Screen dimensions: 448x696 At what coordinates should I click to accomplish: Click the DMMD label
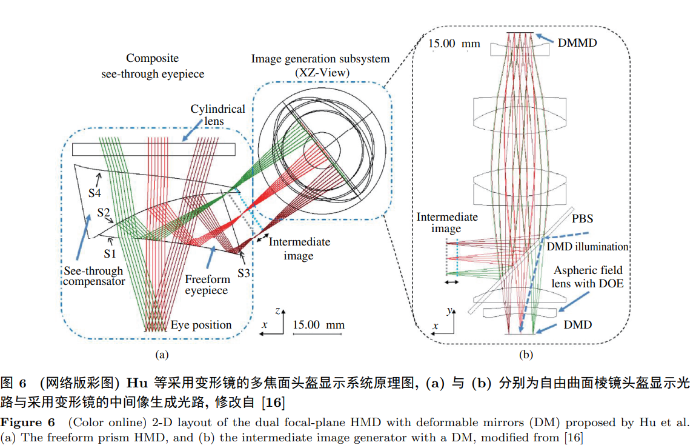coord(577,42)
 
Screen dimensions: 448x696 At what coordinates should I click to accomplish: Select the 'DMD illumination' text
coord(588,247)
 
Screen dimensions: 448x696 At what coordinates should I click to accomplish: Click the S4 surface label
coord(94,193)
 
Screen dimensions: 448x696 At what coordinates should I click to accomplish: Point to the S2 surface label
coord(104,213)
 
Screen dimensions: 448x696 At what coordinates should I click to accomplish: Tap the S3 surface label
coord(243,273)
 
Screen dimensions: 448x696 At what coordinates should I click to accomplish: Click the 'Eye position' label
coord(201,325)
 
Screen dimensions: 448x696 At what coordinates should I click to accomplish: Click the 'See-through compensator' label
coord(93,276)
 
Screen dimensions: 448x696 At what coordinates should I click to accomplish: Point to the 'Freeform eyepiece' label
coord(207,285)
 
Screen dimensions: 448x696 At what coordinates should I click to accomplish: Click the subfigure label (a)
coord(161,353)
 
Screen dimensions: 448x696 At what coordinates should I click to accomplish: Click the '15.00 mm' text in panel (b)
coord(454,44)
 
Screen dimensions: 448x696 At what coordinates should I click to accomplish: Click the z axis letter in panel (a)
coord(277,310)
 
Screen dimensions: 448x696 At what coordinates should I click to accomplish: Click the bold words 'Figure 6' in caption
coord(28,421)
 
